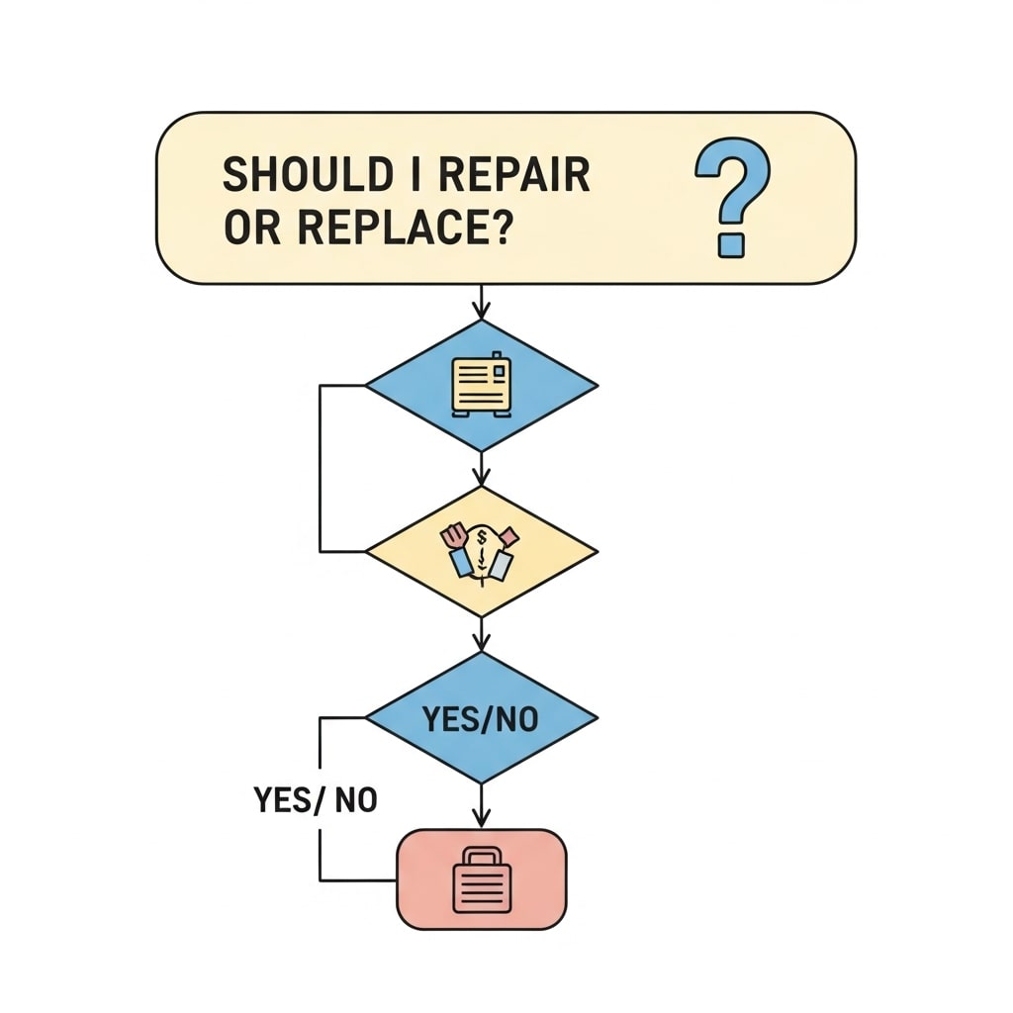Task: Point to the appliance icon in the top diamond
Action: (482, 385)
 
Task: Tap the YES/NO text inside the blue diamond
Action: (481, 719)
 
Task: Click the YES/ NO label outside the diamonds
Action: (316, 799)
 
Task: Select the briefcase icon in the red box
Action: (482, 880)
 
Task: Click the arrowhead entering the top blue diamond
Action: (482, 313)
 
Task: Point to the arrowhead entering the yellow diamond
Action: (482, 476)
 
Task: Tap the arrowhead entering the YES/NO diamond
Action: (482, 642)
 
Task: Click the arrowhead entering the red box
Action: (482, 820)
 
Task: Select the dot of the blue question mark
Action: (730, 243)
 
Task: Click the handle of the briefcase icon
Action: (482, 857)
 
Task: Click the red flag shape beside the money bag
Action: (508, 536)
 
